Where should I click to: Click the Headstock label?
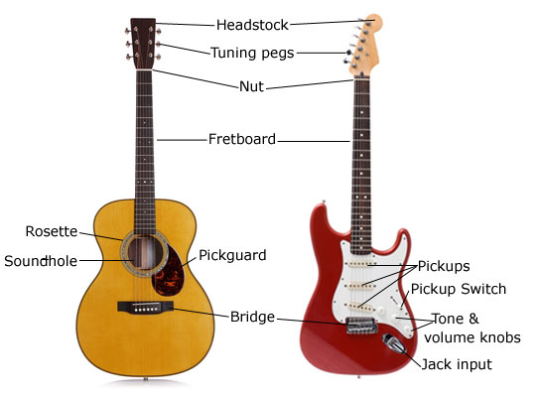(252, 25)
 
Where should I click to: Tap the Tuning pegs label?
(252, 54)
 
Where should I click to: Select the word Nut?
(251, 86)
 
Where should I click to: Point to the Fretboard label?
(242, 139)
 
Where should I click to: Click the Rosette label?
(52, 231)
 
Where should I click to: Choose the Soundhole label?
(41, 261)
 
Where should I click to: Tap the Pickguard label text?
(232, 255)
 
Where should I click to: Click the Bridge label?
(252, 317)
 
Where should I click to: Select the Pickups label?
(444, 266)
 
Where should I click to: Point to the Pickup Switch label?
(459, 289)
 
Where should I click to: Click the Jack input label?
(457, 364)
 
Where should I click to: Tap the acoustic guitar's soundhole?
(145, 253)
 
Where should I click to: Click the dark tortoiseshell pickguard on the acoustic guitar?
(168, 271)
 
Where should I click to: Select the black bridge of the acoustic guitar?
(145, 307)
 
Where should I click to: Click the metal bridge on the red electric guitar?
(361, 325)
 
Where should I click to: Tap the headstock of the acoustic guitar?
(143, 44)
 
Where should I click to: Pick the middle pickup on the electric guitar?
(359, 285)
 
